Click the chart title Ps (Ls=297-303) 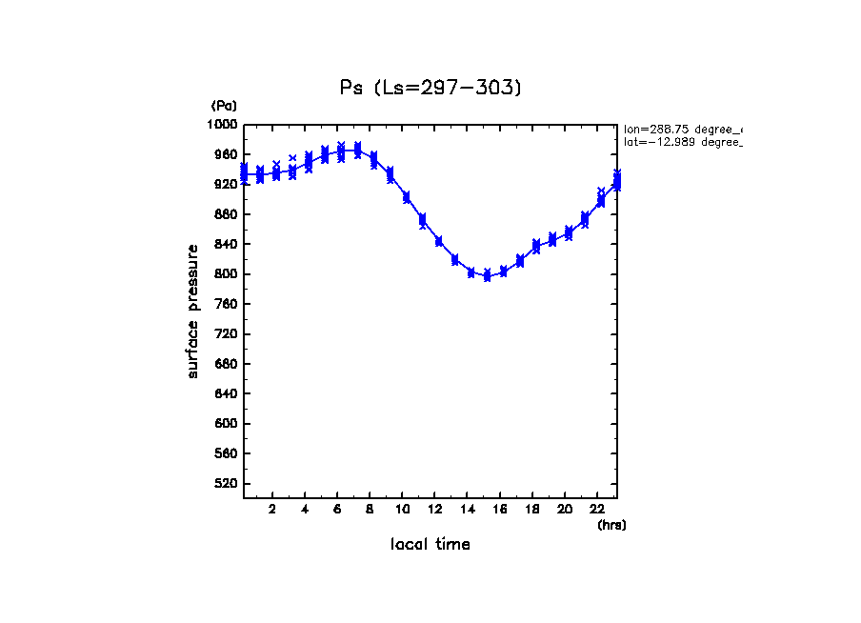(x=430, y=88)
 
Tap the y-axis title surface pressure (x=193, y=311)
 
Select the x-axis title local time (x=430, y=545)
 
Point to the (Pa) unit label (x=224, y=106)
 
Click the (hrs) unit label (x=611, y=525)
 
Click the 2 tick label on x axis (x=272, y=509)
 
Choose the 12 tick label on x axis (x=434, y=509)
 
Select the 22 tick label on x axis (x=597, y=509)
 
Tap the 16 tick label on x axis (x=499, y=509)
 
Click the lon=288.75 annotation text (x=682, y=129)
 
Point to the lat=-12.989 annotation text (x=682, y=142)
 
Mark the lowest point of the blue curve (x=487, y=276)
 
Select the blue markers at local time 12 (x=438, y=241)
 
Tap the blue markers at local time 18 (x=536, y=246)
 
